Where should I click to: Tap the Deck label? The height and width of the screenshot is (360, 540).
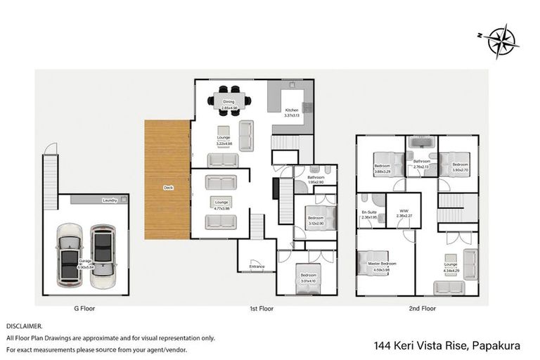coord(168,188)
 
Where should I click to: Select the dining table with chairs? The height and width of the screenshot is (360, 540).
coord(229,99)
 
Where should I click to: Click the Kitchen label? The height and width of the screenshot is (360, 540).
coord(291,110)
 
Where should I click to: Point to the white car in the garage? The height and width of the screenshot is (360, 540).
coord(70,255)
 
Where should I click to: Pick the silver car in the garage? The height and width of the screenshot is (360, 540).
coord(103,255)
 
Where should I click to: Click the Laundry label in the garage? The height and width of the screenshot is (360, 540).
coord(109,200)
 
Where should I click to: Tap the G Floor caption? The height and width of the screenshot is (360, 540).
coord(84,308)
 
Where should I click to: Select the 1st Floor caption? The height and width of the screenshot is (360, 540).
coord(261,308)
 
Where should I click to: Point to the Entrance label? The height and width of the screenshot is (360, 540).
coord(257,266)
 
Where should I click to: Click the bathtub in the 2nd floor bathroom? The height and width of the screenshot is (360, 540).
coord(421,145)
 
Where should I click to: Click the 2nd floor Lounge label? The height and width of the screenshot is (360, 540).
coord(450,264)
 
